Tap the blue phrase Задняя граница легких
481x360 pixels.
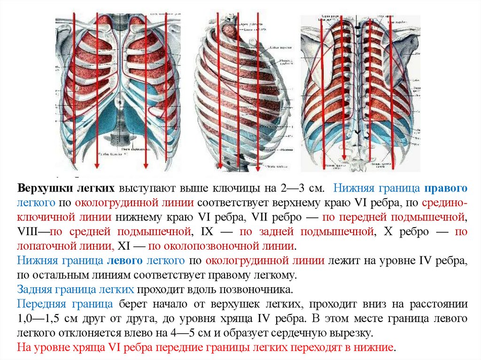point(75,289)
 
